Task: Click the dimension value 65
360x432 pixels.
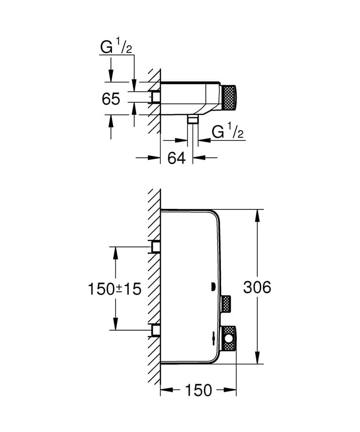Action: tap(111, 99)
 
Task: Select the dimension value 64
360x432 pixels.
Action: tap(177, 157)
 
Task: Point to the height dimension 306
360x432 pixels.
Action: tap(257, 287)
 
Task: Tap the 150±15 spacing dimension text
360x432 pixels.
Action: tap(114, 289)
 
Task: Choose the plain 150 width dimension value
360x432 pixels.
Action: tap(198, 390)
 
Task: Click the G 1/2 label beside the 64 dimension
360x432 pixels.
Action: tap(228, 132)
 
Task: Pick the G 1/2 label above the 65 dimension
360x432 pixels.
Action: tap(116, 49)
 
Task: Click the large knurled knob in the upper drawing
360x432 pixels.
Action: tap(229, 99)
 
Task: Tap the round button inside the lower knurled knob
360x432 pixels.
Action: tap(228, 337)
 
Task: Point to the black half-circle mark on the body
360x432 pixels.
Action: tap(213, 287)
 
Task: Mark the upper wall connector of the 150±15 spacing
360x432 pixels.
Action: tap(156, 247)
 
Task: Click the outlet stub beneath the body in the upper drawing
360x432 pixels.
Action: tap(193, 120)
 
